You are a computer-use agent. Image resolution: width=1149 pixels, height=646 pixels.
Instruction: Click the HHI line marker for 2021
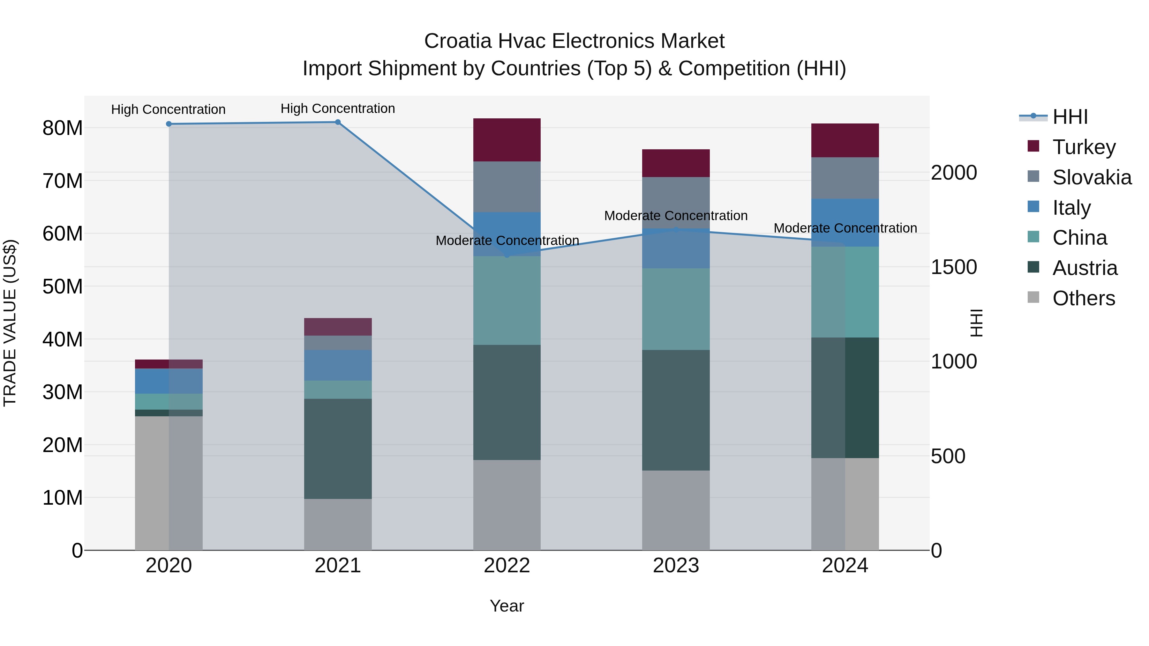point(338,122)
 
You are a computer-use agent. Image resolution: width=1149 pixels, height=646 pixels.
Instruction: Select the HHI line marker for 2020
point(169,124)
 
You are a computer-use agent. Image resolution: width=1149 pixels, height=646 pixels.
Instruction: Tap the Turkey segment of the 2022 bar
point(507,140)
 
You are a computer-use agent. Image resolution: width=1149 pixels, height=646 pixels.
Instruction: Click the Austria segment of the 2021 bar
point(338,449)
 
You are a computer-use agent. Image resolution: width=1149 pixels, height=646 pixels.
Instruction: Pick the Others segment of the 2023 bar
point(676,510)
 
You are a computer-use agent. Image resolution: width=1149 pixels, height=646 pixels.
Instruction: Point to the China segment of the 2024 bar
point(845,292)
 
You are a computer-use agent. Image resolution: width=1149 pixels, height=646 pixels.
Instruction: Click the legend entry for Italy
point(1071,207)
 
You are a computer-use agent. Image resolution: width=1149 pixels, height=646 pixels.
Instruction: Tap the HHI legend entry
point(1070,117)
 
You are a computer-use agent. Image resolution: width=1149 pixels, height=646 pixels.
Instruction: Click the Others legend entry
point(1083,298)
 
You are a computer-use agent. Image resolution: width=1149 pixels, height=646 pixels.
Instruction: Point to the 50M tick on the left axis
point(63,286)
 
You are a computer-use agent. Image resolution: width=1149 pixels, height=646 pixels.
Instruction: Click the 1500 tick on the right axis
point(954,267)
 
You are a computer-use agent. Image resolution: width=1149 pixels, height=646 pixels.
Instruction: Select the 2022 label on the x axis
point(507,566)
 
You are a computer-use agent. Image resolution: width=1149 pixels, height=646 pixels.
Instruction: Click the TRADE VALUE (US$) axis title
point(10,323)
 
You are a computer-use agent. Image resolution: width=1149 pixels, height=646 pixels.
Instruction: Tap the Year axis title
point(507,606)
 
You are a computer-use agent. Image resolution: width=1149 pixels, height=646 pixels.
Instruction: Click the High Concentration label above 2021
point(338,108)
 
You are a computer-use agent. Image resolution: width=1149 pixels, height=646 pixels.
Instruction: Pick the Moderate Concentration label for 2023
point(676,215)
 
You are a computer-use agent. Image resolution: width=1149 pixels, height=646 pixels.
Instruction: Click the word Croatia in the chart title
point(458,41)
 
